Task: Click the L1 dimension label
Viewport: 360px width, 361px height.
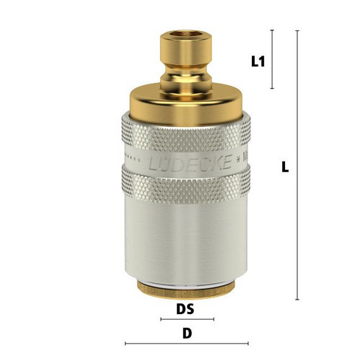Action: point(258,61)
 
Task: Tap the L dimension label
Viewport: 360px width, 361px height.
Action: point(285,167)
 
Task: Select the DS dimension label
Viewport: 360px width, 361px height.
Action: point(185,309)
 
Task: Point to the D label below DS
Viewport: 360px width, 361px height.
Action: point(188,334)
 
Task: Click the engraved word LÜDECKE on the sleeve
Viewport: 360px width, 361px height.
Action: point(190,162)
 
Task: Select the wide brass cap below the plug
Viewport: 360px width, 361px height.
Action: point(185,103)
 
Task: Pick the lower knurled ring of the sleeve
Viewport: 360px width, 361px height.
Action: point(186,184)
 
